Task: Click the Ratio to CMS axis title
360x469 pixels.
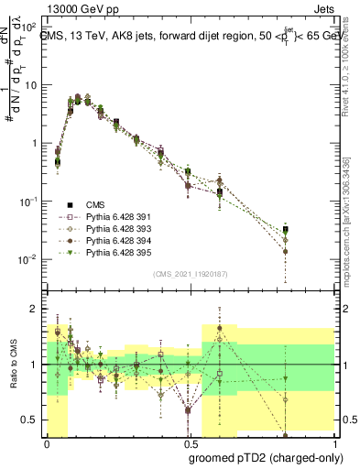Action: [14, 365]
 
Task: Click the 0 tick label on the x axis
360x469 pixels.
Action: [47, 443]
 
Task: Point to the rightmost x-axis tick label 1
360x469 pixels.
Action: [331, 443]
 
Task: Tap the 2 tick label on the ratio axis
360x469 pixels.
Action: [37, 310]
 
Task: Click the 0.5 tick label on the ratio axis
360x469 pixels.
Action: [32, 420]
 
